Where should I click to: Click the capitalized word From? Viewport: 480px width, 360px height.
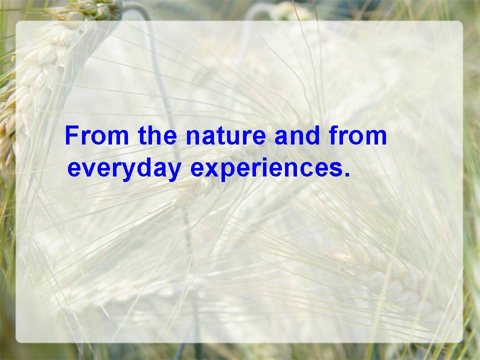coord(97,135)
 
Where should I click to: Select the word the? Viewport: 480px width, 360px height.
coord(157,135)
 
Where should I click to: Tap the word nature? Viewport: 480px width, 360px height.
coord(226,136)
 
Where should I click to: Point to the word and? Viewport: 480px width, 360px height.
coord(297,135)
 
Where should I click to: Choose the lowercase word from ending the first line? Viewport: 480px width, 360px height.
coord(358,135)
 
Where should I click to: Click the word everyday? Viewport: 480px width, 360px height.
coord(124,169)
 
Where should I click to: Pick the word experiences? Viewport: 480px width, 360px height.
coord(266,169)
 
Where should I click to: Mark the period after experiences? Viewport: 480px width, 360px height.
coord(347,174)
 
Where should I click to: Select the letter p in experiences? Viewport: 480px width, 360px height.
coord(229,172)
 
